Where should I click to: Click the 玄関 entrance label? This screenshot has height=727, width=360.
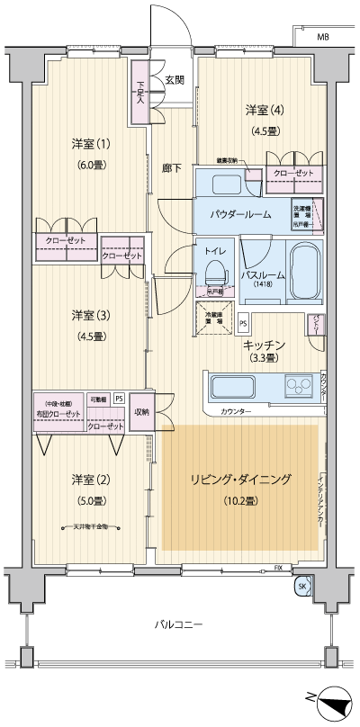click(x=175, y=79)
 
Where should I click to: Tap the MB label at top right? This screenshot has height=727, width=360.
click(x=321, y=36)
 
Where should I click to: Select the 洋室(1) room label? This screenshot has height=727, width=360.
click(x=90, y=144)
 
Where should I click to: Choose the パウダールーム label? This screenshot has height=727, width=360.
click(x=240, y=216)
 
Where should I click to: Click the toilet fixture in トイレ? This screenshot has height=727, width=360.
click(x=214, y=272)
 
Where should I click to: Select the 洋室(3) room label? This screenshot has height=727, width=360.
click(x=90, y=315)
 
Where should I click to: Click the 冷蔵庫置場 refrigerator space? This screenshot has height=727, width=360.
click(x=213, y=319)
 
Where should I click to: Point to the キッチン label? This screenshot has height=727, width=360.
click(x=264, y=345)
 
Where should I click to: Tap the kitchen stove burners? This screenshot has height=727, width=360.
click(x=296, y=388)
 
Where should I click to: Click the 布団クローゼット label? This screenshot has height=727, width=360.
click(x=58, y=413)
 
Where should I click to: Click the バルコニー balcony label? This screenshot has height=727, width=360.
click(x=178, y=624)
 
